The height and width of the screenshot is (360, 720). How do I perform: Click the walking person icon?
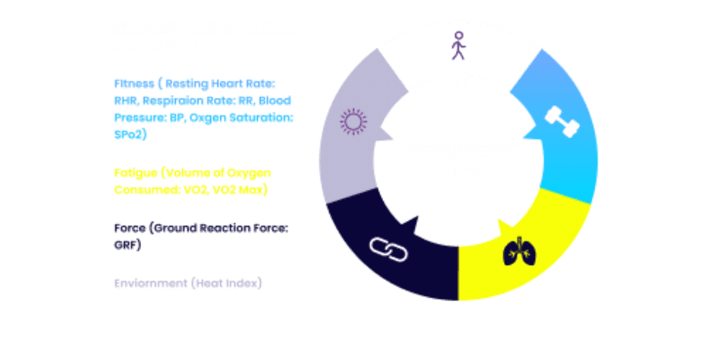tap(458, 47)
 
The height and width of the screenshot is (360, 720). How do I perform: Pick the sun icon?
tap(353, 122)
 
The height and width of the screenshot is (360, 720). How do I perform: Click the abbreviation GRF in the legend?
tap(127, 246)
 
